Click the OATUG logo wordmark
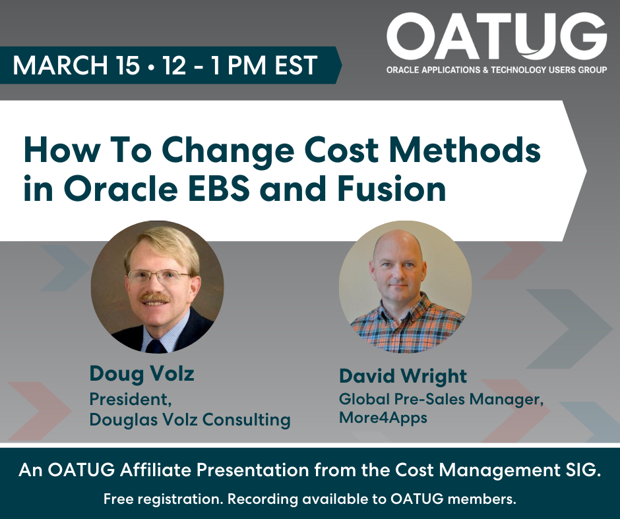[496, 37]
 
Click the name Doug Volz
[142, 374]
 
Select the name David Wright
[402, 376]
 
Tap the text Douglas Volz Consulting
[190, 420]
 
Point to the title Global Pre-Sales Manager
[441, 399]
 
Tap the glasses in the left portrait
[158, 277]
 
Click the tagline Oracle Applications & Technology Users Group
[497, 68]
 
